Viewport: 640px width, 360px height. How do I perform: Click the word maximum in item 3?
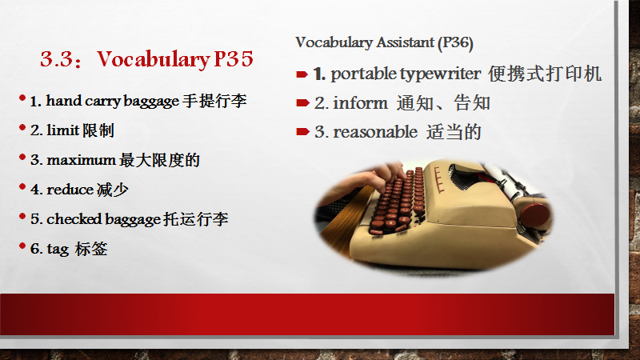pos(82,160)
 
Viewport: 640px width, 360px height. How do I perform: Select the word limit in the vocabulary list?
pos(63,130)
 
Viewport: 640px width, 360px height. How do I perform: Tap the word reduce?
pos(70,190)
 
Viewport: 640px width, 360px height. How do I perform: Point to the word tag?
pos(58,249)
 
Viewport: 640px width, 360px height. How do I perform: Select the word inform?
pos(360,103)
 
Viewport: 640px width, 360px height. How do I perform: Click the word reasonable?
pos(375,132)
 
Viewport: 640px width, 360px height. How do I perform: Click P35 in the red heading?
pos(234,58)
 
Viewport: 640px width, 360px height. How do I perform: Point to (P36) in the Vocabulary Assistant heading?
pos(455,43)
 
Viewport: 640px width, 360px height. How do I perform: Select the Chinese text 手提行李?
pos(214,101)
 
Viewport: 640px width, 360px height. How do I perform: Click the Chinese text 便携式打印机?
pos(545,74)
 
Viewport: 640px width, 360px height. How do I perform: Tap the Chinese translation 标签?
pos(91,249)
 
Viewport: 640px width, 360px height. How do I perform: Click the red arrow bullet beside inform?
pos(302,102)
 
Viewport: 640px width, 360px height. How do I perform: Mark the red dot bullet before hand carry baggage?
pos(22,98)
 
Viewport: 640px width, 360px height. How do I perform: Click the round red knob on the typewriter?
pos(535,217)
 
